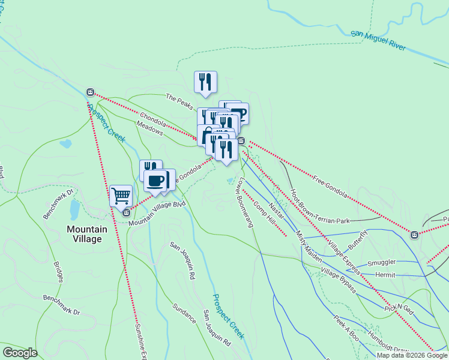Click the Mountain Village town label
click(84, 233)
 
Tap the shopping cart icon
click(121, 195)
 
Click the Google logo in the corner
click(20, 353)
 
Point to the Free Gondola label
click(330, 185)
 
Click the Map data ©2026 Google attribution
click(412, 355)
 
